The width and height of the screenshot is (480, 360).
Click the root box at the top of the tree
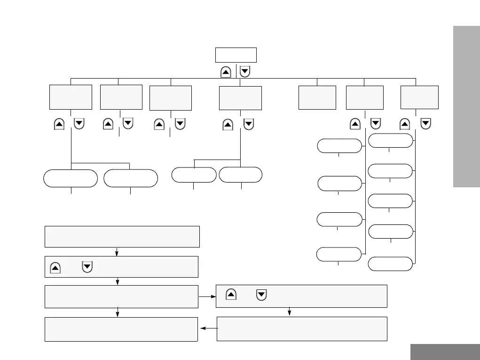click(x=236, y=55)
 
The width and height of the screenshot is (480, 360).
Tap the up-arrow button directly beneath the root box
click(x=226, y=72)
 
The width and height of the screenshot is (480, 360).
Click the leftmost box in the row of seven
click(x=71, y=97)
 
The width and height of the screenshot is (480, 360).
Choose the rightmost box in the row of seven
click(x=419, y=97)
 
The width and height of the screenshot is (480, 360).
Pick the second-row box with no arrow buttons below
click(x=317, y=97)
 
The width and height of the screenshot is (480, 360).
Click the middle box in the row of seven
click(x=240, y=98)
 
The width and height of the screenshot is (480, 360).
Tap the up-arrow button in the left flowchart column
click(x=55, y=267)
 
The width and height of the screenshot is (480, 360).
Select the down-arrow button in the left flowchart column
click(x=87, y=267)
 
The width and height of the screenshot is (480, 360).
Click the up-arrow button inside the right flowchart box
click(x=231, y=295)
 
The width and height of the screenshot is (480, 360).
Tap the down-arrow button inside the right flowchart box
click(x=262, y=295)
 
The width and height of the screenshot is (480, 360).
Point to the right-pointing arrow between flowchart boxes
click(x=207, y=297)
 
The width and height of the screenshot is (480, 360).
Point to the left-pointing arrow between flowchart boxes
click(x=207, y=328)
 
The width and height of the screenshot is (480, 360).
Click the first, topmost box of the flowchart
click(x=122, y=236)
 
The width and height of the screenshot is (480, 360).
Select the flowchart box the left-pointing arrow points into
click(x=121, y=329)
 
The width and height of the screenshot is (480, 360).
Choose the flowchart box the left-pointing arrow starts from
click(x=302, y=328)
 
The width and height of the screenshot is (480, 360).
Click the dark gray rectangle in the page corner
click(x=445, y=352)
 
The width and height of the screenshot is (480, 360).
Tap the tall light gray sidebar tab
click(x=466, y=107)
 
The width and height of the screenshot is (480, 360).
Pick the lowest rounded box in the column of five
click(x=390, y=264)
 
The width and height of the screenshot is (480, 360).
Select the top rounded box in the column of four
click(x=339, y=146)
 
